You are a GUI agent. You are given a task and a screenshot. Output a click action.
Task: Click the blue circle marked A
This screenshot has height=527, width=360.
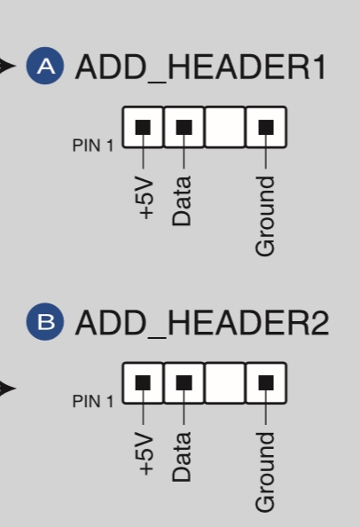[x=45, y=66]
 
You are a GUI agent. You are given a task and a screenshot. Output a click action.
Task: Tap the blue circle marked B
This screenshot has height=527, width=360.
[x=45, y=322]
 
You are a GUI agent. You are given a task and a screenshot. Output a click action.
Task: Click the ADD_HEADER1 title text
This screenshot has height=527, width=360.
[x=200, y=67]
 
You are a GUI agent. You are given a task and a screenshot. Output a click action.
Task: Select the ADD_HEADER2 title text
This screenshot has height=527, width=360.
[x=202, y=323]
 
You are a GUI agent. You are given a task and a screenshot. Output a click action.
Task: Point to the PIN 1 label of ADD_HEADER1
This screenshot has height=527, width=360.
[x=93, y=146]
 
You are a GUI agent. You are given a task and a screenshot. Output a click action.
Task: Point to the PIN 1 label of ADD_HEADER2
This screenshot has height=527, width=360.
[x=93, y=401]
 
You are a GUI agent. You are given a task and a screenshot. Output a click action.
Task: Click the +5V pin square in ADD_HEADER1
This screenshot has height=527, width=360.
[x=143, y=127]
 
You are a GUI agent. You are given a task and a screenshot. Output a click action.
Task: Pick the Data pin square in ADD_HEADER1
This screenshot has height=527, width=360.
[x=184, y=127]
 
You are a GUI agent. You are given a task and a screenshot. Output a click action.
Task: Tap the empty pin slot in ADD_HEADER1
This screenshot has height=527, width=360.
[x=224, y=127]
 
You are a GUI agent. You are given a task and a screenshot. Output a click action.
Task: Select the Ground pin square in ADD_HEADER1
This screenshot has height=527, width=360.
[x=266, y=127]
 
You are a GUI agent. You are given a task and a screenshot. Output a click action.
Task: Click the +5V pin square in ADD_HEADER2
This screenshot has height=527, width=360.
[x=143, y=383]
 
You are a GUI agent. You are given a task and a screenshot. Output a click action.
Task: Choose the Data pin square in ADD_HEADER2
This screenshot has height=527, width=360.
[x=184, y=383]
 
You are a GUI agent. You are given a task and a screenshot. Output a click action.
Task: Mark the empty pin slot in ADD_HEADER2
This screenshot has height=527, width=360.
[x=224, y=383]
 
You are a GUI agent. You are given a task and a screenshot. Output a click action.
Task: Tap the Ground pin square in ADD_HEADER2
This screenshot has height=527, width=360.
[x=266, y=383]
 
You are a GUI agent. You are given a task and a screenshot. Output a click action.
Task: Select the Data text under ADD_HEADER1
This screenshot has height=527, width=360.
[x=182, y=201]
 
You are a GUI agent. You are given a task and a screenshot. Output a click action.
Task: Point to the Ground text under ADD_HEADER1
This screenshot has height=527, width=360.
[x=265, y=216]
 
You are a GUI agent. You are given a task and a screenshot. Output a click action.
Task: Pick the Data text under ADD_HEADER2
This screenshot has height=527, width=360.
[x=182, y=457]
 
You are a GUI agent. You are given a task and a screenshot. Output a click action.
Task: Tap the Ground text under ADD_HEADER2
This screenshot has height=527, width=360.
[x=265, y=472]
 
